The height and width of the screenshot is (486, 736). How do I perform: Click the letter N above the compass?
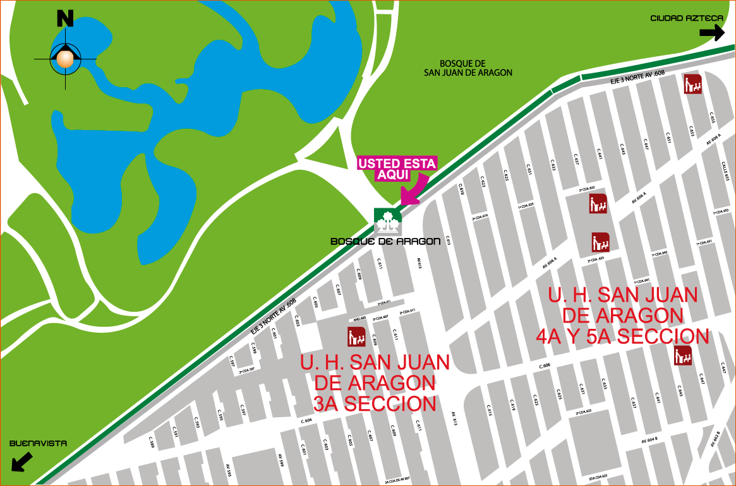click(x=65, y=18)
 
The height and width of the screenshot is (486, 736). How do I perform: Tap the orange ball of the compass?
click(x=65, y=59)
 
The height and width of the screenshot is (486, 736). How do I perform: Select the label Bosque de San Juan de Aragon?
click(x=468, y=68)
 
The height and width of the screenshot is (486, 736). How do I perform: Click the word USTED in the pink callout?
click(x=379, y=164)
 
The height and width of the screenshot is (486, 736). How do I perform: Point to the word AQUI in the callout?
click(x=392, y=175)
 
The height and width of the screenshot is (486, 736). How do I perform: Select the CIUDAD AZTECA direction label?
click(x=687, y=18)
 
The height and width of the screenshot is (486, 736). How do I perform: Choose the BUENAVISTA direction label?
click(x=38, y=444)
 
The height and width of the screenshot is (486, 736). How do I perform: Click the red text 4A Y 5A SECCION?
click(x=622, y=336)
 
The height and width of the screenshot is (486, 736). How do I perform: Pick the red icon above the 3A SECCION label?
click(x=357, y=337)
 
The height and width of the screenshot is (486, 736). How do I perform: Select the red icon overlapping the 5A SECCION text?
click(x=683, y=355)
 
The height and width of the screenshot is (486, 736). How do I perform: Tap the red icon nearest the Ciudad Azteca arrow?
click(x=693, y=84)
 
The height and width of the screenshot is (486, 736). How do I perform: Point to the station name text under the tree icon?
click(x=385, y=242)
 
